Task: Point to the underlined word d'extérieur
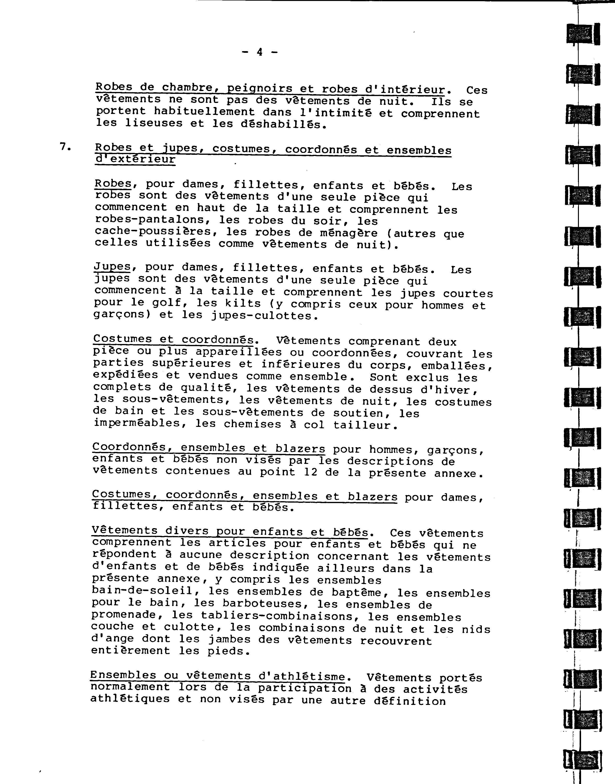135,159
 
